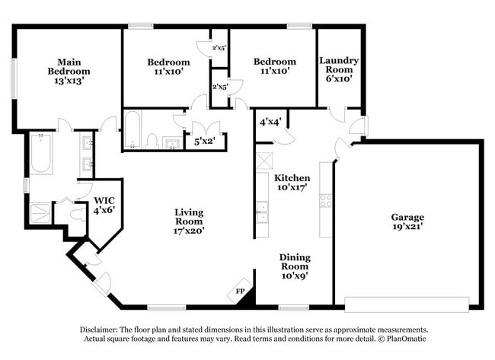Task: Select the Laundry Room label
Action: point(339,69)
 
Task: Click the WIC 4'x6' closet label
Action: point(104,205)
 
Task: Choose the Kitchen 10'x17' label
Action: point(292,182)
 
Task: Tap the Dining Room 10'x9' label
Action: point(293,266)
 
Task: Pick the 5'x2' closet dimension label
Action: point(204,141)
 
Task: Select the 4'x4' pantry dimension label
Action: point(270,121)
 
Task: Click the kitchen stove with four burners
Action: point(325,201)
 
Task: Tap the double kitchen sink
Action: point(262,211)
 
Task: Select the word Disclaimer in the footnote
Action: point(101,330)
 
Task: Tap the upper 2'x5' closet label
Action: point(219,48)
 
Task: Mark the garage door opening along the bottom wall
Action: point(407,304)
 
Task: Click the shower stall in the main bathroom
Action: point(40,212)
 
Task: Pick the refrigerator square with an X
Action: point(264,161)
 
